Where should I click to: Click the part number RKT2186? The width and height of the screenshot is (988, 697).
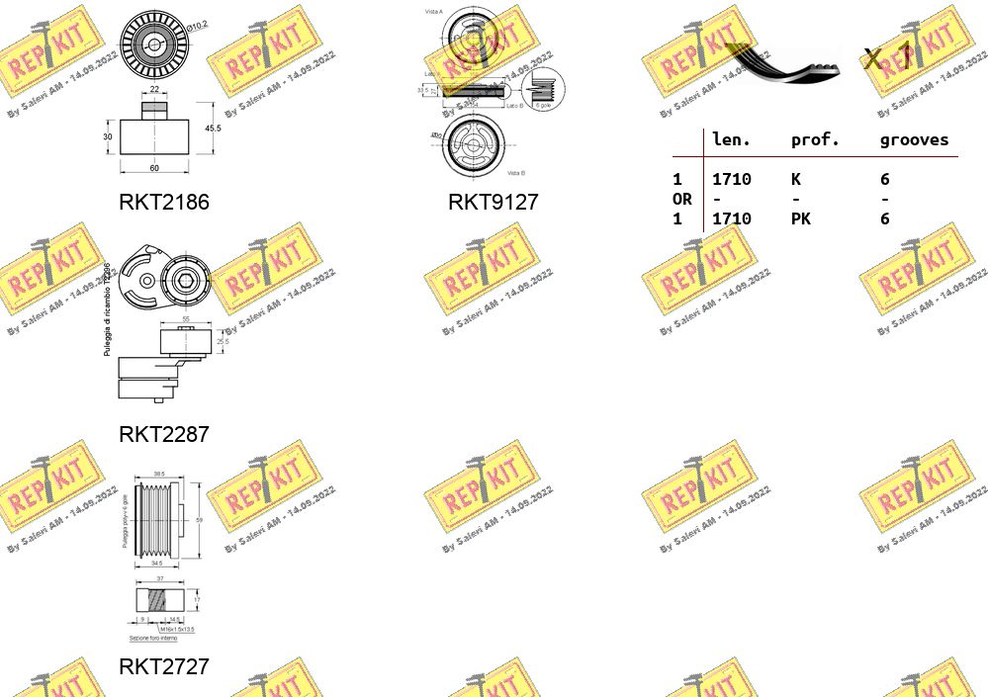(164, 202)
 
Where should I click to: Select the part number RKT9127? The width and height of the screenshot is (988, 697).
(493, 202)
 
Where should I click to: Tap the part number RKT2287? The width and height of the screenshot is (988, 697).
(164, 434)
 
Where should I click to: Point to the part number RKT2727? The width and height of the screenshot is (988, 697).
(164, 666)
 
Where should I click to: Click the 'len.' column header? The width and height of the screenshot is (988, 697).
(732, 140)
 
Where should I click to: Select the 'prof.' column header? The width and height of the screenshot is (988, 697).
(815, 140)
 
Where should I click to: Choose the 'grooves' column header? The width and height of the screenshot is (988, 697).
(914, 140)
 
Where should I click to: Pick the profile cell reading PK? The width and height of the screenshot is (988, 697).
(800, 218)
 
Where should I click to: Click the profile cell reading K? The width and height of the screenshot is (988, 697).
(795, 179)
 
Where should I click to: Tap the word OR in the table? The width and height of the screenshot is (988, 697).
(682, 199)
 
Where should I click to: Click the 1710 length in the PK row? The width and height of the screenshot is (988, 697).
(732, 218)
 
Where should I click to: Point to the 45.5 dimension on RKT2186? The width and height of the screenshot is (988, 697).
(212, 128)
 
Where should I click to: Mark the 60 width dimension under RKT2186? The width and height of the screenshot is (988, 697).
(154, 168)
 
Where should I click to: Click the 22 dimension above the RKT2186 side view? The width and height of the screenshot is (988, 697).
(154, 90)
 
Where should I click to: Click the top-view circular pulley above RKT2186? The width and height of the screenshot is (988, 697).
(154, 44)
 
